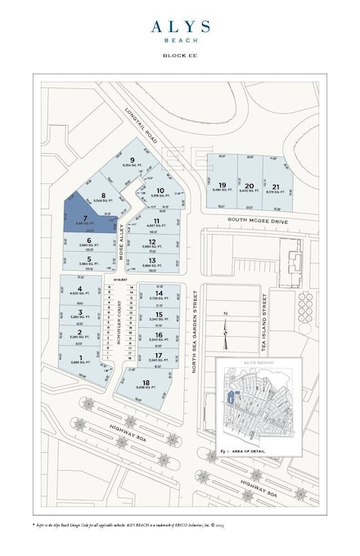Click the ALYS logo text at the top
(x=179, y=26)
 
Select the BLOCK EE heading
(x=179, y=56)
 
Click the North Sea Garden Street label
(x=195, y=336)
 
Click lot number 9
(x=131, y=159)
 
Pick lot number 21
(x=277, y=186)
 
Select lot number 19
(x=222, y=186)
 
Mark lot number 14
(x=159, y=293)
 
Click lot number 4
(x=79, y=289)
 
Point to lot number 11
(x=156, y=221)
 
